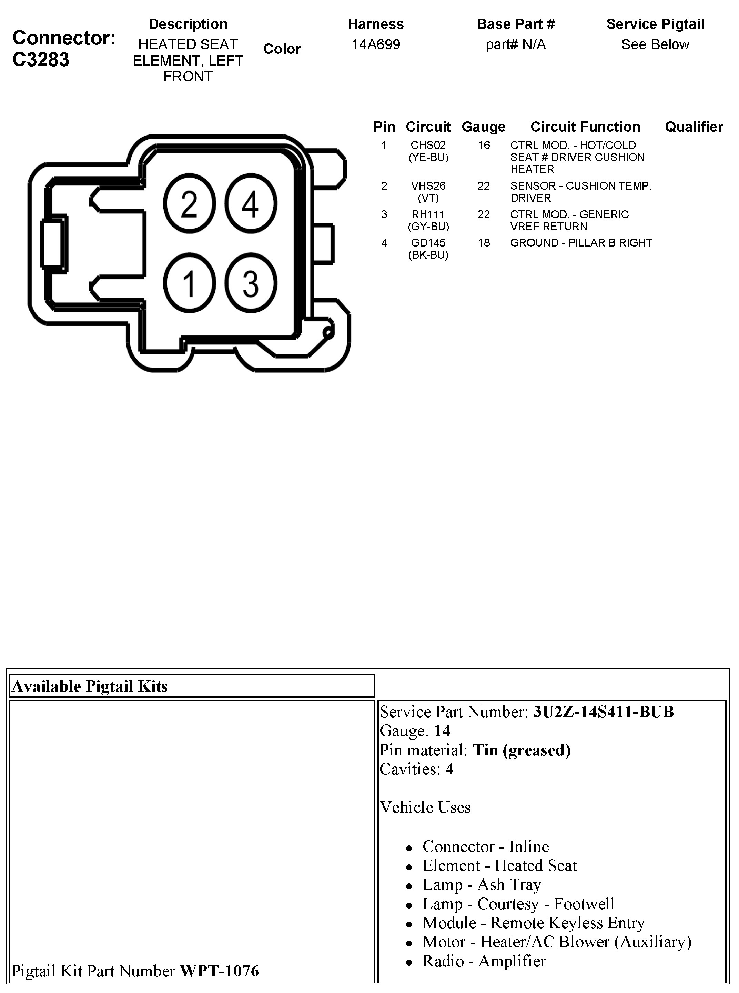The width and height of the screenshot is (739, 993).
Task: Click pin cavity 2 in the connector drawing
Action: coord(189,204)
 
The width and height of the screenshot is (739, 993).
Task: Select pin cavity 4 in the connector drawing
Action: coord(251,204)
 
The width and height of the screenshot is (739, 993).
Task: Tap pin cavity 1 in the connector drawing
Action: coord(189,283)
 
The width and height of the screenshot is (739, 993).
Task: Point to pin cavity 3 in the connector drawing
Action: coord(251,283)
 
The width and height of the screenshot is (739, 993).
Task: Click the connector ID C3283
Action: coord(41,60)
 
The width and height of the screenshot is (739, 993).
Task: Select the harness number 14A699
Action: coord(375,44)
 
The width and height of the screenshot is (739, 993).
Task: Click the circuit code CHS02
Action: coord(428,145)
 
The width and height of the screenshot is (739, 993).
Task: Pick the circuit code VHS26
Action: coord(428,186)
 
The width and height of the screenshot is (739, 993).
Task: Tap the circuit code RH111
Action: coord(428,214)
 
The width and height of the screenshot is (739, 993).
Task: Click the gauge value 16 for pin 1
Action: coord(484,145)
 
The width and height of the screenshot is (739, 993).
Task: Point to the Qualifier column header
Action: coord(694,127)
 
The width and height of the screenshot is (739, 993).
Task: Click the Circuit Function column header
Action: coord(585,127)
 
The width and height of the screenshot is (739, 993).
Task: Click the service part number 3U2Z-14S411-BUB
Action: coord(603,712)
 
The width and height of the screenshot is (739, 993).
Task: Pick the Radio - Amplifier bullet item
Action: coord(484,961)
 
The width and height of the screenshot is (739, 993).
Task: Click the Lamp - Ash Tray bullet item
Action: coord(481,885)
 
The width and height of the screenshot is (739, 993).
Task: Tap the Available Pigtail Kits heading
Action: coord(90,686)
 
